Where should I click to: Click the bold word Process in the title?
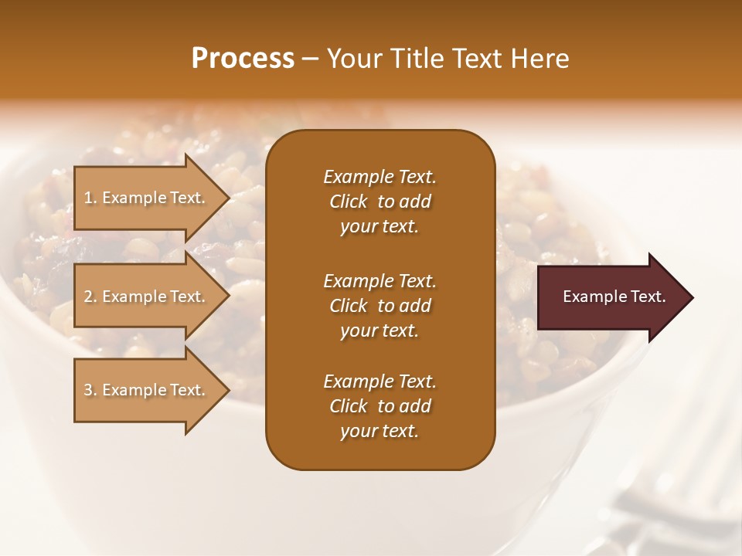pyautogui.click(x=243, y=59)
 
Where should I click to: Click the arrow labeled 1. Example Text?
pyautogui.click(x=147, y=198)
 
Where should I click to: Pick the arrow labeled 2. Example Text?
pyautogui.click(x=147, y=297)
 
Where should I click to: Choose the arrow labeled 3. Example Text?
pyautogui.click(x=147, y=390)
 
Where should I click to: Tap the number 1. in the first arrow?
pyautogui.click(x=90, y=198)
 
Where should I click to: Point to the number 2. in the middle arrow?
pyautogui.click(x=90, y=297)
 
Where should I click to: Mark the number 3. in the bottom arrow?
pyautogui.click(x=90, y=390)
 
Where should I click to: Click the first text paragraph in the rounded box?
pyautogui.click(x=380, y=202)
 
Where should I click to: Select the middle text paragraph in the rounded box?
pyautogui.click(x=380, y=306)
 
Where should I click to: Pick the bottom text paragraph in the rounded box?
pyautogui.click(x=380, y=406)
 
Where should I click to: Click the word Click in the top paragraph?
pyautogui.click(x=348, y=202)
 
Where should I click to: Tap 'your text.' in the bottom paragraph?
pyautogui.click(x=380, y=432)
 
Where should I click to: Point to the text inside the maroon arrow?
pyautogui.click(x=614, y=297)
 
